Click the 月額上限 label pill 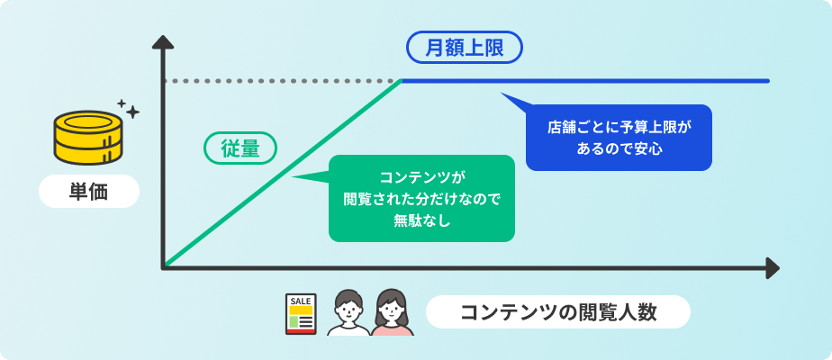pos(464,46)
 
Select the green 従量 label pos(240,148)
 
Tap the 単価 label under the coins pos(88,192)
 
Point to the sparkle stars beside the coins pos(128,109)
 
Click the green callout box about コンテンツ pos(421,198)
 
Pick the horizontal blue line pos(585,81)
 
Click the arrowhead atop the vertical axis pos(163,42)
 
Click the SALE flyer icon pos(301,313)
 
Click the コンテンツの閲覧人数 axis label pos(557,312)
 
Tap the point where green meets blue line pos(402,81)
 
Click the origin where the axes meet pos(164,267)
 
